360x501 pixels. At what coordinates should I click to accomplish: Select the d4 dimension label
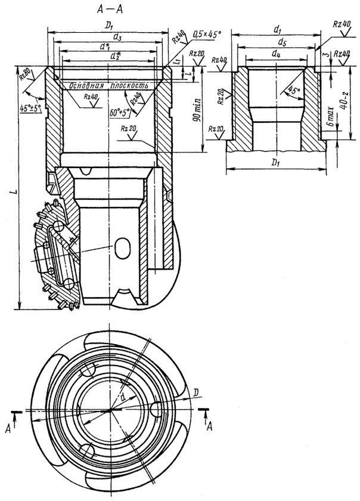pos(275,54)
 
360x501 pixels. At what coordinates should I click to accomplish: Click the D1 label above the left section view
pos(107,26)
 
